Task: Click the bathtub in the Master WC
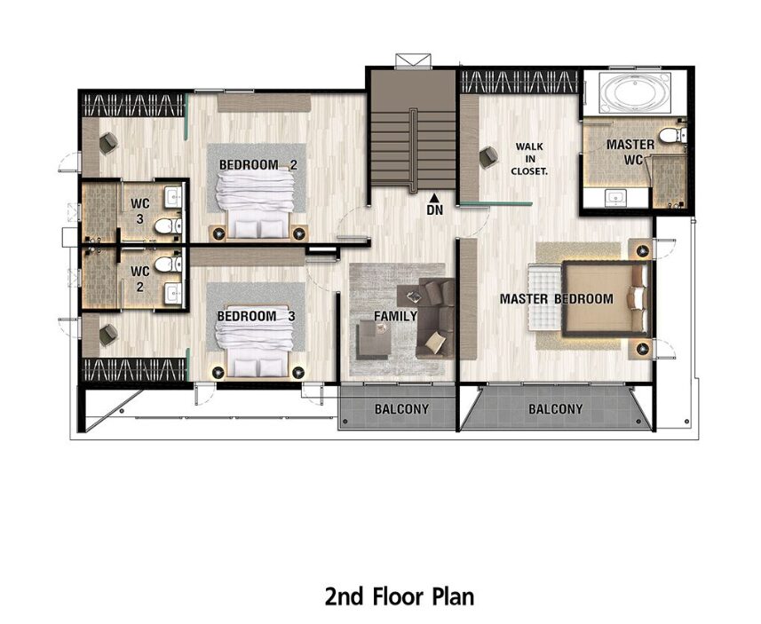tap(635, 93)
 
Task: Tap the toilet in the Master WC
tap(674, 134)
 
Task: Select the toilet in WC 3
tap(168, 225)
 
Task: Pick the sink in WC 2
tap(173, 293)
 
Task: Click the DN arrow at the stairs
tap(435, 197)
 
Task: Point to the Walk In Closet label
tap(529, 159)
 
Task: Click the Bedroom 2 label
tap(258, 165)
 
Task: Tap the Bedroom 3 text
tap(256, 316)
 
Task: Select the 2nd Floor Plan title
tap(399, 596)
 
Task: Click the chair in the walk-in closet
tap(488, 157)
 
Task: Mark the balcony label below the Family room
tap(401, 409)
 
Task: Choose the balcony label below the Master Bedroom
tap(555, 409)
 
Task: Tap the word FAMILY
tap(395, 316)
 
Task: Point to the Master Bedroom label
tap(556, 299)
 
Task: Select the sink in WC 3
tap(173, 197)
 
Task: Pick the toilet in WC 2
tap(168, 265)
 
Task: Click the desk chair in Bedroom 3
tap(107, 335)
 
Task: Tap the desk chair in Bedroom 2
tap(107, 143)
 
